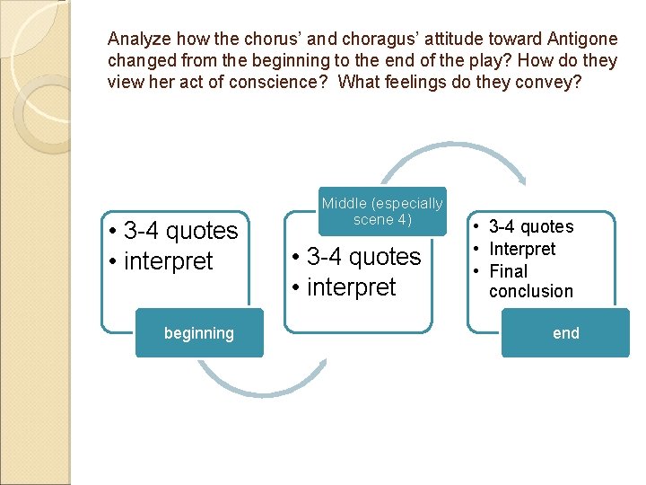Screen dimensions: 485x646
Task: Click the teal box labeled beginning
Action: (199, 333)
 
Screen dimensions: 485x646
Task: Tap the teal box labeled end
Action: (565, 333)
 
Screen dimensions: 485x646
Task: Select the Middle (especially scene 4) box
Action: (382, 212)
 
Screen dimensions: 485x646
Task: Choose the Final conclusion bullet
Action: (530, 281)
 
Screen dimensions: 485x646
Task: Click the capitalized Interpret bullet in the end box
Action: (522, 249)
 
